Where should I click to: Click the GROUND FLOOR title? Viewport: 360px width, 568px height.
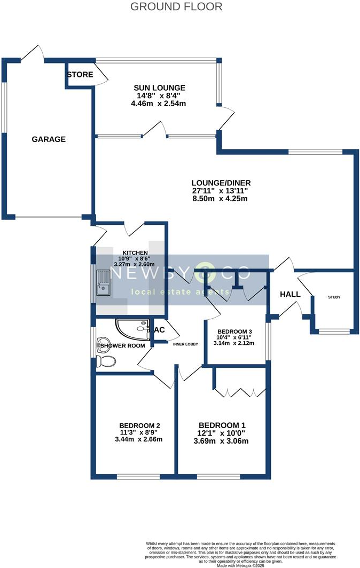(x=176, y=7)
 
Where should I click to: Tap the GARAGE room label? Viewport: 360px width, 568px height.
(x=49, y=139)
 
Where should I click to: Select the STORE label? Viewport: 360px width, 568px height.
(x=80, y=75)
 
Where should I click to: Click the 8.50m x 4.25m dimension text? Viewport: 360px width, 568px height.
(x=212, y=199)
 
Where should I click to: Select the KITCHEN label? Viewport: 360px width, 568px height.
(x=135, y=253)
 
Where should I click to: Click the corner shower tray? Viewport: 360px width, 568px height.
(x=134, y=329)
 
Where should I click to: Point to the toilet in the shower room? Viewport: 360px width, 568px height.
(x=106, y=361)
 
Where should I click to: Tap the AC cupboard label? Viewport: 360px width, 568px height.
(x=159, y=330)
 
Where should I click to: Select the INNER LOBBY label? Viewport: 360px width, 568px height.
(x=185, y=344)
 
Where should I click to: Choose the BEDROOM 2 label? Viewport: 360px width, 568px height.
(x=140, y=425)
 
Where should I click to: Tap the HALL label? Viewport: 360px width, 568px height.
(x=289, y=294)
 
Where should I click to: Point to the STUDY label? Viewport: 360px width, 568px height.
(x=334, y=297)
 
